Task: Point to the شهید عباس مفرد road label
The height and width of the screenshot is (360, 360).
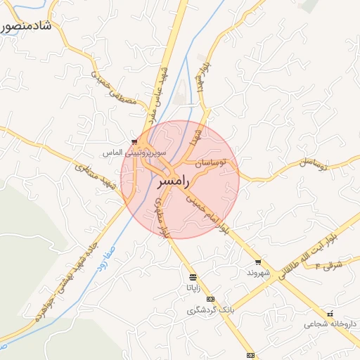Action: click(160, 91)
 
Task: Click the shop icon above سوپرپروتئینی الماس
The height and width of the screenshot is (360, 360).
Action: click(134, 142)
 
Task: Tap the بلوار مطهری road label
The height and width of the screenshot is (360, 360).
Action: click(160, 218)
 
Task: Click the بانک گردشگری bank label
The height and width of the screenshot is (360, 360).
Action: click(209, 310)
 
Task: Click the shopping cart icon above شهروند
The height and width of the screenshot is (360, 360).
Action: click(258, 262)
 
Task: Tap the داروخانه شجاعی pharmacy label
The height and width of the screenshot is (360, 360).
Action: click(326, 324)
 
